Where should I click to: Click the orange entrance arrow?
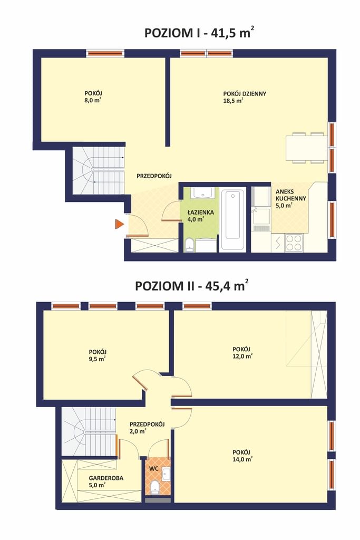(119, 224)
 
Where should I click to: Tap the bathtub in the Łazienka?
(232, 220)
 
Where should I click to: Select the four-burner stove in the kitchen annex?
(294, 243)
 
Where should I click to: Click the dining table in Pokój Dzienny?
(306, 148)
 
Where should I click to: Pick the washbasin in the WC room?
(166, 474)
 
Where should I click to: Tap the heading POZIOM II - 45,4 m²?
(192, 286)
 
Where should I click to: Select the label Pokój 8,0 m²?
(93, 97)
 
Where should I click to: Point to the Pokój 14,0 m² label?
(242, 455)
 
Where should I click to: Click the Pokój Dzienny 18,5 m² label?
(245, 97)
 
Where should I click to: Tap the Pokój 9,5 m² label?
(97, 355)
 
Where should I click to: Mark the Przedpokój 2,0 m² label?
(147, 427)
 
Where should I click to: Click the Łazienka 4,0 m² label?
(201, 216)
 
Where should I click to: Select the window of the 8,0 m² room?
(105, 53)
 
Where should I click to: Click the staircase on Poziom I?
(99, 170)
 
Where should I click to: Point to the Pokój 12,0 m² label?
(242, 353)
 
